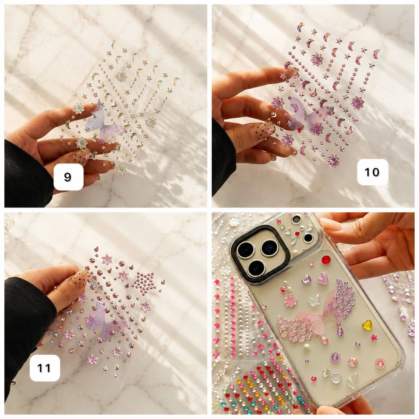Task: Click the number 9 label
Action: [68, 177]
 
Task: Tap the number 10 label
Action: [373, 172]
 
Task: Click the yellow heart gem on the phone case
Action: [367, 325]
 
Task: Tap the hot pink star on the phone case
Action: [374, 343]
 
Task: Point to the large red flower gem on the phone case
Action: [326, 259]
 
